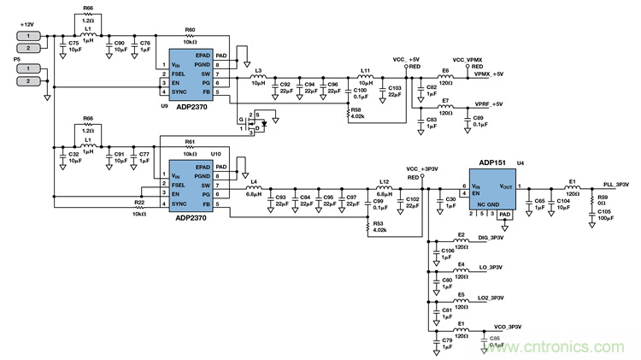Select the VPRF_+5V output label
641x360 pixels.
488,103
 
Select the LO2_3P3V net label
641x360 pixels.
495,298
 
